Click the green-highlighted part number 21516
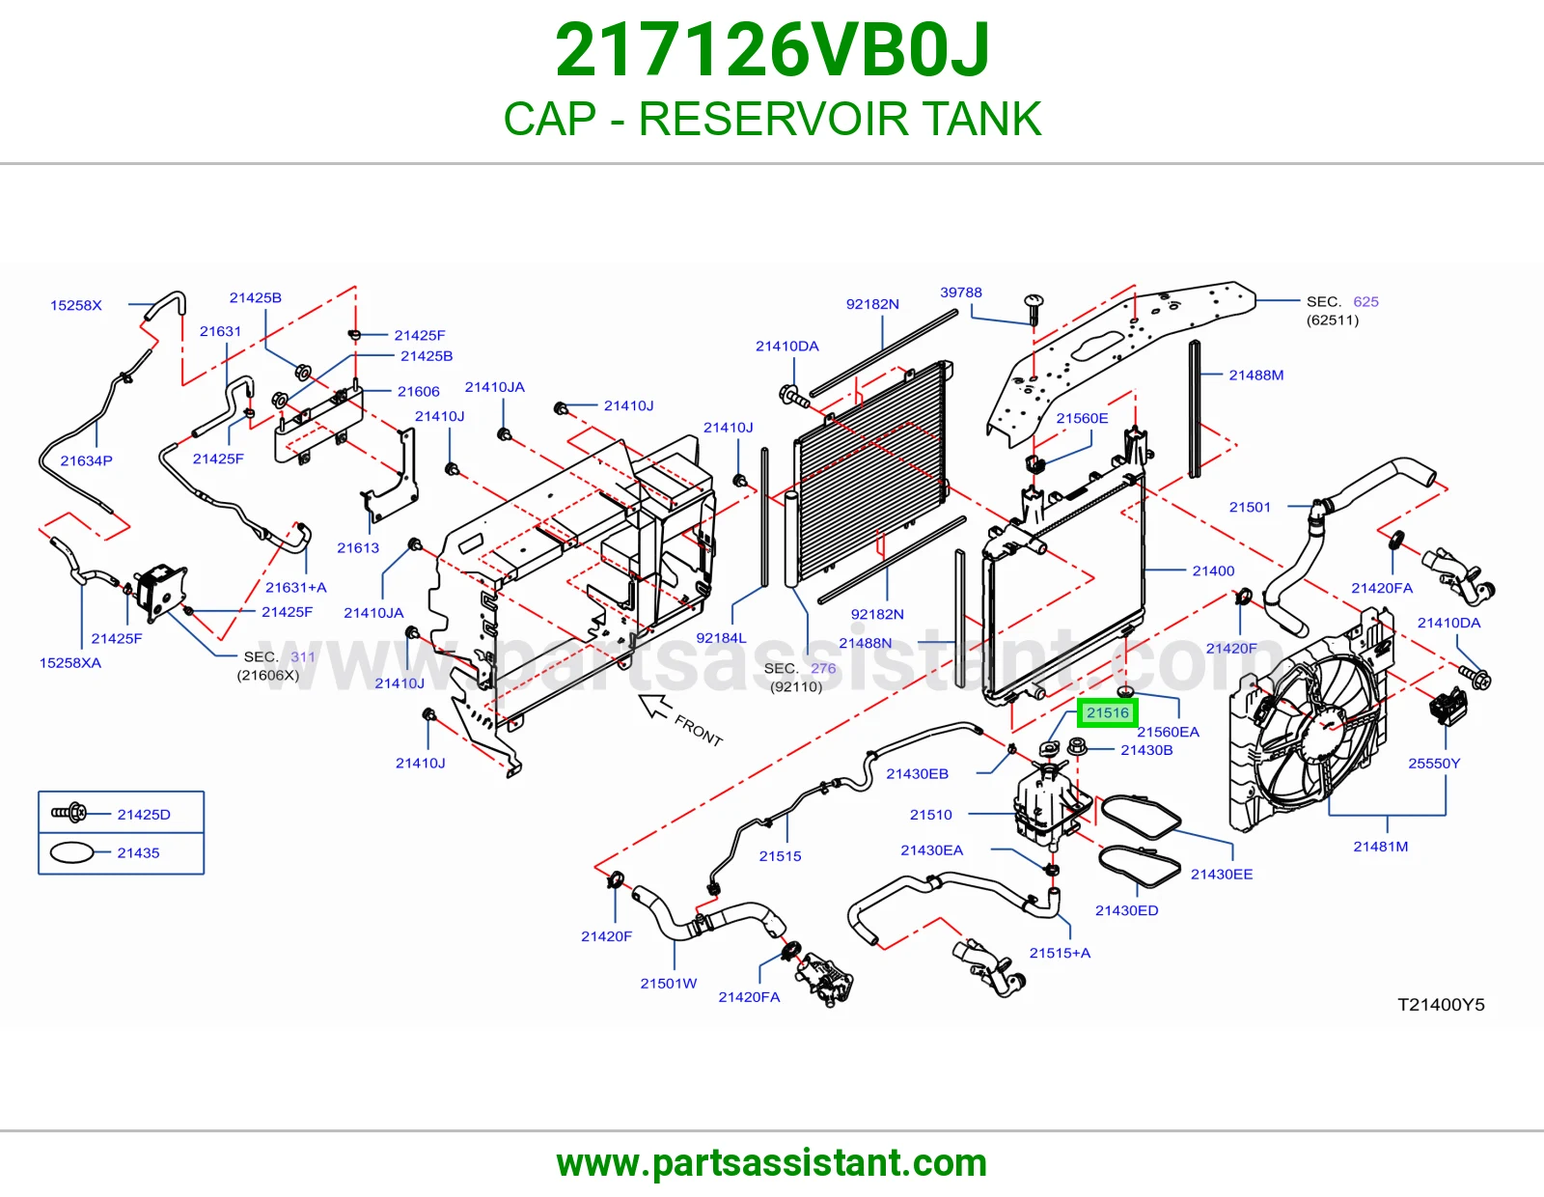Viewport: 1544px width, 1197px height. [1107, 713]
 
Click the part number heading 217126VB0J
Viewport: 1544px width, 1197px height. [772, 50]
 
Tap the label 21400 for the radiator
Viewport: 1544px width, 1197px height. [1213, 571]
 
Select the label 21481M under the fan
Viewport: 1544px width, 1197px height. [1381, 847]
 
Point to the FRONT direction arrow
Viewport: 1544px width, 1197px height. [656, 707]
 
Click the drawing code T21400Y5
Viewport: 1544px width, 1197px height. [1441, 1004]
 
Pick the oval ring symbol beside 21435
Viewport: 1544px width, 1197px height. [71, 852]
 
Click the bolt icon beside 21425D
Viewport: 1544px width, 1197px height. [69, 812]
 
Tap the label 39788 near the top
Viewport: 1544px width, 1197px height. [960, 292]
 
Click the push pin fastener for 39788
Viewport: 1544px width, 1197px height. [1034, 309]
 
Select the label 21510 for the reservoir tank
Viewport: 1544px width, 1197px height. [931, 815]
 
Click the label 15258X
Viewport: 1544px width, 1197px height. [76, 306]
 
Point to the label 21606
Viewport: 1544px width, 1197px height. [419, 392]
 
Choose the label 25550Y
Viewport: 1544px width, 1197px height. [1434, 764]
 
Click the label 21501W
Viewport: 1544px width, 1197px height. [669, 984]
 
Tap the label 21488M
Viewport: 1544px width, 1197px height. [1256, 376]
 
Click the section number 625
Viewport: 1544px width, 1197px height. [1365, 301]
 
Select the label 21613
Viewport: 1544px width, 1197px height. [358, 548]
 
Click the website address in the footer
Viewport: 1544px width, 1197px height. [772, 1163]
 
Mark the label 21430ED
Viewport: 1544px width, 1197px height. [1126, 910]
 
